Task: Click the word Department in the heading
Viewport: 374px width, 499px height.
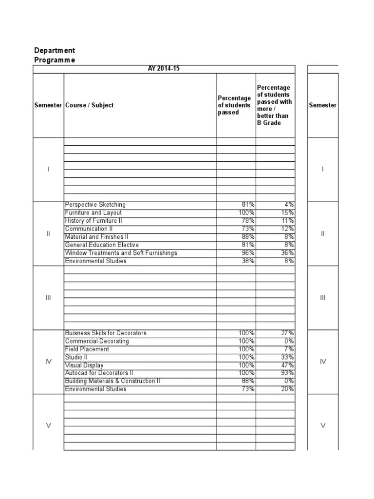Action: tap(55, 51)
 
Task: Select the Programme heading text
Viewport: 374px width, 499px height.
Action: tap(55, 60)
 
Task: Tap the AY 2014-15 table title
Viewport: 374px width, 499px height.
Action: tap(164, 69)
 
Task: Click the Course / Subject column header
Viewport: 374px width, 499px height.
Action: tap(89, 105)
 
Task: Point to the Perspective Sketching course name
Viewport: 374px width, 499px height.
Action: tap(95, 205)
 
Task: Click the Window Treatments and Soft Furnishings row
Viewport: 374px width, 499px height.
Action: tap(121, 253)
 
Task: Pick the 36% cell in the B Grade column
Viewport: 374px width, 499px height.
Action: tap(287, 253)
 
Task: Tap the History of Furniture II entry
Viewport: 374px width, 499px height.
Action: tap(93, 221)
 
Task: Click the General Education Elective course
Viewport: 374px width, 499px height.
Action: tap(102, 245)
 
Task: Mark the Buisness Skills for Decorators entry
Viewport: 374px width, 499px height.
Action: tap(106, 333)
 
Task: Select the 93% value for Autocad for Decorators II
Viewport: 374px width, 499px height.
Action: tap(287, 373)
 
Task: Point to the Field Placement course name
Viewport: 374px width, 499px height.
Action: tap(87, 349)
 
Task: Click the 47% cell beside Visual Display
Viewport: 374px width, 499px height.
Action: tap(287, 365)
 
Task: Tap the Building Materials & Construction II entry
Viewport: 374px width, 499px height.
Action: tap(112, 381)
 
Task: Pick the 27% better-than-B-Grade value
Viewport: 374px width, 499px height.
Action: tap(287, 333)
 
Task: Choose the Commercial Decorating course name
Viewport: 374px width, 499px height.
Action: tap(97, 341)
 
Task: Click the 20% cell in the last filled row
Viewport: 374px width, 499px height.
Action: tap(287, 389)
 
